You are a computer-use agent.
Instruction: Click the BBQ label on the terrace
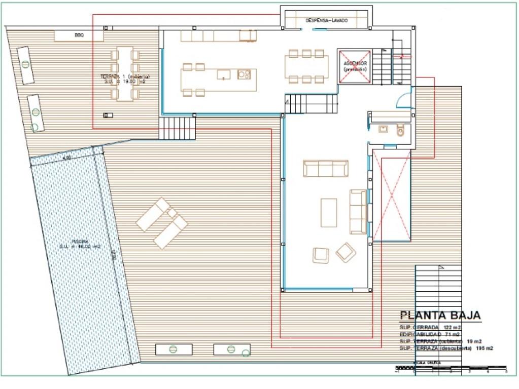coord(79,35)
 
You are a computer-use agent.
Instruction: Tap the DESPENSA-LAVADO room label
coord(327,21)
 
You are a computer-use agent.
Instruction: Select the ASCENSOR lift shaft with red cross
coord(355,66)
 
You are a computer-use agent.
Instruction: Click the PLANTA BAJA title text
coord(440,316)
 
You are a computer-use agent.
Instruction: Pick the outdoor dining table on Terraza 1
coord(125,74)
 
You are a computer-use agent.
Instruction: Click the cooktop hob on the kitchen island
coord(244,75)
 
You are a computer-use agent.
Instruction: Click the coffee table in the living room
coord(329,213)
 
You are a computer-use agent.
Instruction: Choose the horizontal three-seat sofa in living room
coord(326,169)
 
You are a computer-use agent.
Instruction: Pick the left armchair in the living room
coord(321,255)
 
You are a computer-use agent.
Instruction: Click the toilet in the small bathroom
coord(400,130)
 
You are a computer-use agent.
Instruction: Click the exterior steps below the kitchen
coord(177,129)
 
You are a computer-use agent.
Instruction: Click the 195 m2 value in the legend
coord(485,348)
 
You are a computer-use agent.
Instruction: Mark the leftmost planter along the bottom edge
coord(174,349)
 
